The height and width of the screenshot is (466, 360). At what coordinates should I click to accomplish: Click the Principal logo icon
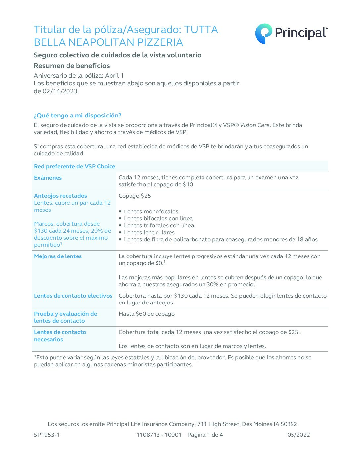click(263, 34)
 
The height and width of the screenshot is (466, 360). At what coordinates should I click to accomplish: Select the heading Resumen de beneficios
click(72, 66)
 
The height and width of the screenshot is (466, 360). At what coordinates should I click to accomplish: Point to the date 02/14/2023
click(60, 91)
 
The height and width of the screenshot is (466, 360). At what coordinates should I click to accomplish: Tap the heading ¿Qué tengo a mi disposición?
click(77, 116)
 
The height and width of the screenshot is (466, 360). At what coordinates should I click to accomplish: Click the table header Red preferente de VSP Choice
click(75, 166)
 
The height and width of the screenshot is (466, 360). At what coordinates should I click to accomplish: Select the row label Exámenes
click(48, 178)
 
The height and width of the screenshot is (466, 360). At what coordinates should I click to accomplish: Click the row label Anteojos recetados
click(61, 196)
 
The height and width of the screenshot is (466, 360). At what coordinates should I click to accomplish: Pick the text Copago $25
click(135, 196)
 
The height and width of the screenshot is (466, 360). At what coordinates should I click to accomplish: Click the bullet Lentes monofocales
click(151, 211)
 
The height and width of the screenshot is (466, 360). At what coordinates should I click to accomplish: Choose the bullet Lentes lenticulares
click(149, 232)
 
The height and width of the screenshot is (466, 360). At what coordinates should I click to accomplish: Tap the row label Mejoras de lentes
click(58, 256)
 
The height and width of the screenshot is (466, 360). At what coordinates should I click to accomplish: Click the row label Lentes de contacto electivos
click(73, 296)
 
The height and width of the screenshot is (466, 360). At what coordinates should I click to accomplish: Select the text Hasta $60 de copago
click(147, 314)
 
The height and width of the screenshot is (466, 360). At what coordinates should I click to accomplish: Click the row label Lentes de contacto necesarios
click(60, 336)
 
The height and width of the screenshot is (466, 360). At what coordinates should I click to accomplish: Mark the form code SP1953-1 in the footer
click(47, 435)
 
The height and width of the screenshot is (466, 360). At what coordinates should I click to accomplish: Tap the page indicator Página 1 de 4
click(205, 435)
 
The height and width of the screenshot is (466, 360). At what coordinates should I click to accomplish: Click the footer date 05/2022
click(298, 435)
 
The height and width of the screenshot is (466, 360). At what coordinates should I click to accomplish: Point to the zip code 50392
click(289, 424)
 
